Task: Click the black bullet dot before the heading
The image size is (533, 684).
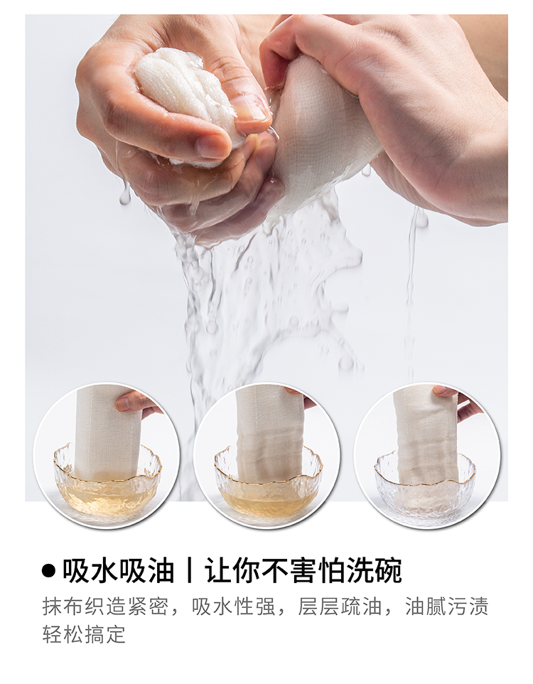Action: click(x=49, y=570)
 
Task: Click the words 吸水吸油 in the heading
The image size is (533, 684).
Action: click(x=118, y=570)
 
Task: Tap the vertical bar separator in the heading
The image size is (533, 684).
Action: click(x=189, y=570)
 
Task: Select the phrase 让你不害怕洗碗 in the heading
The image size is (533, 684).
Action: click(x=303, y=570)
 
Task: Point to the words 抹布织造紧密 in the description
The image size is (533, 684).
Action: click(x=104, y=606)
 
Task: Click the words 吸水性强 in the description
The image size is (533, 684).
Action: click(x=234, y=606)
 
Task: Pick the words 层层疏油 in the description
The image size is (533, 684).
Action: click(x=340, y=606)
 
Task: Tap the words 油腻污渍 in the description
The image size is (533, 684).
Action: click(x=447, y=606)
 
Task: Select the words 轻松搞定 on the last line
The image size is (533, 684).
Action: click(x=84, y=634)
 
